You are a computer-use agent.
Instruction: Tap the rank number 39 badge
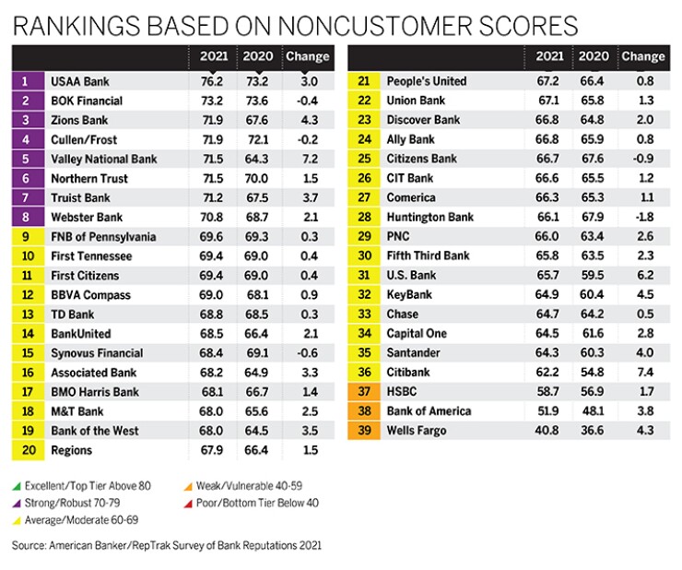[x=364, y=431]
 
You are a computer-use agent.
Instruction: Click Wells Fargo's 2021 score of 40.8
[x=549, y=431]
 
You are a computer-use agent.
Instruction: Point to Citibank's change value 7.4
[x=641, y=373]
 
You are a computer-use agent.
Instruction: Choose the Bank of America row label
[x=430, y=411]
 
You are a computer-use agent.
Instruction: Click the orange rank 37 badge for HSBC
[x=364, y=392]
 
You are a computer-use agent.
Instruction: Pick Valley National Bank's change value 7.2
[x=307, y=159]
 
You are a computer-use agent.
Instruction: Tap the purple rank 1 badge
[x=28, y=81]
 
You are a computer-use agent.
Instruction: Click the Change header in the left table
[x=308, y=56]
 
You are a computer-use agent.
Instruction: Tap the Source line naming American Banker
[x=166, y=545]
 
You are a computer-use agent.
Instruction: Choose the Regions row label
[x=73, y=450]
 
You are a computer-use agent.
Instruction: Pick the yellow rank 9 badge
[x=28, y=237]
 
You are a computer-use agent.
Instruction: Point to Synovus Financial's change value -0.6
[x=307, y=353]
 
